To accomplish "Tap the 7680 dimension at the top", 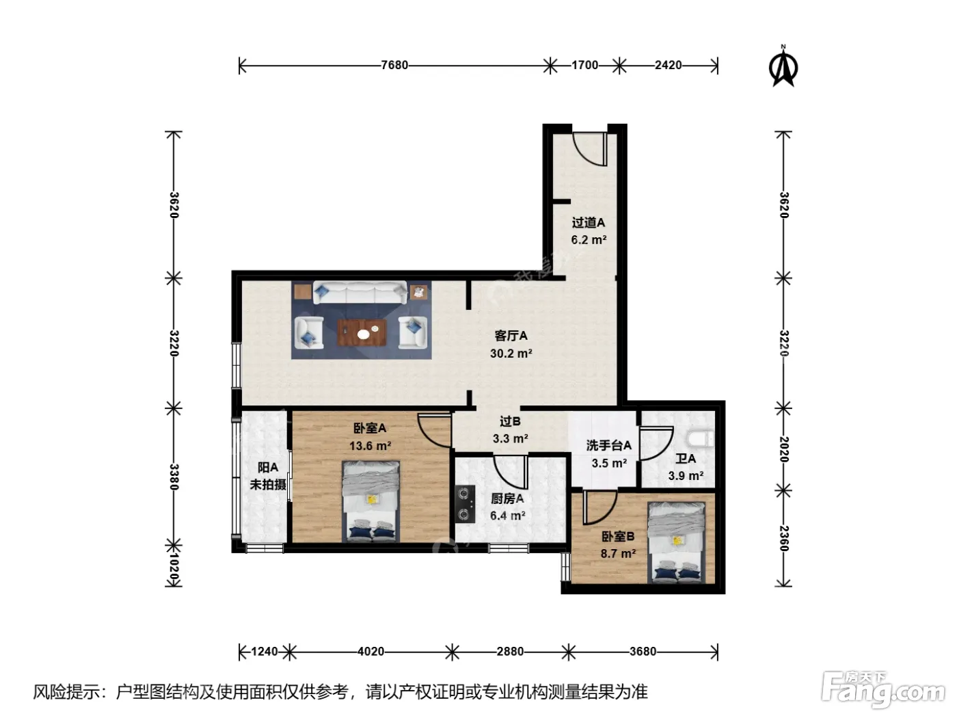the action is tap(394, 66).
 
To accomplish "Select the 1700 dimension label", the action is tap(584, 66).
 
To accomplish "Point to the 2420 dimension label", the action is tap(668, 66).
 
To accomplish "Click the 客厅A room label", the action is tap(511, 336).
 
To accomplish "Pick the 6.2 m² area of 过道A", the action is tap(589, 240).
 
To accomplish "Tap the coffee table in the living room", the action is tap(362, 332).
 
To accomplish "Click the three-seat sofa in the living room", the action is tap(360, 293).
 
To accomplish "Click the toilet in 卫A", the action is tap(703, 439).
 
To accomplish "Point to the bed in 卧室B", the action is tap(676, 542).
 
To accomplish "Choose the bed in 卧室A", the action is tap(370, 501).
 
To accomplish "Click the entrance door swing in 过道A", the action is tap(589, 149).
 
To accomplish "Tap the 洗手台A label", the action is tap(608, 446).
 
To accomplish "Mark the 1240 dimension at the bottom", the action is tap(265, 652).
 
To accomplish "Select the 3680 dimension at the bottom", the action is tap(643, 652).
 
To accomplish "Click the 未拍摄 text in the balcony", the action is tap(268, 484).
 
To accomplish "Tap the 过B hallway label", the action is tap(510, 421).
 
